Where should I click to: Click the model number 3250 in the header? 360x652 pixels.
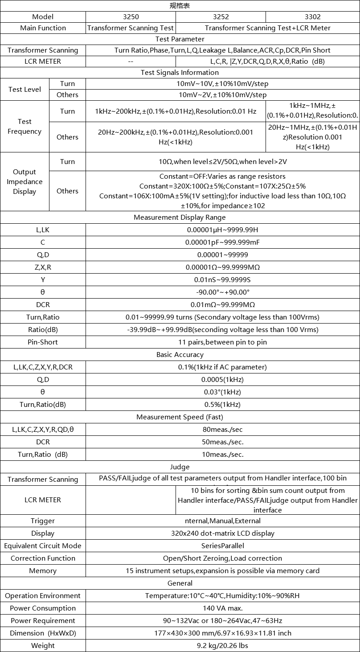pos(131,17)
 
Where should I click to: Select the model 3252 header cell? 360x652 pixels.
pos(221,17)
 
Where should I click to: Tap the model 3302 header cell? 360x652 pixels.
pos(313,17)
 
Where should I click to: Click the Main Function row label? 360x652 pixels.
pos(43,28)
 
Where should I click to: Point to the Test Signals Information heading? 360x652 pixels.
pos(180,73)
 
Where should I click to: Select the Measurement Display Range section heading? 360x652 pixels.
pos(180,217)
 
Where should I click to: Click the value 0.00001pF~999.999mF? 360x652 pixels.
pos(223,242)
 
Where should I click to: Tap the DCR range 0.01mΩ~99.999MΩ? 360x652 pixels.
pos(223,305)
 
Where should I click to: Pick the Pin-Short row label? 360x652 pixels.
pos(43,342)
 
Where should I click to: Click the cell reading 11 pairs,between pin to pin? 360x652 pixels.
pos(223,342)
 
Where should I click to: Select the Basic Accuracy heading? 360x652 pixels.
pos(180,355)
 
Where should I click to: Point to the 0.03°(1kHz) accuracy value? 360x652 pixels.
pos(223,392)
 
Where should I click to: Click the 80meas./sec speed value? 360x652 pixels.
pos(223,430)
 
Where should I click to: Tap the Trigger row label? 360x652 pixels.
pos(43,521)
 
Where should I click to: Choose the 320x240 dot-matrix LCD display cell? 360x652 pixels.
pos(223,533)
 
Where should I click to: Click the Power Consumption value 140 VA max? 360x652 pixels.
pos(223,608)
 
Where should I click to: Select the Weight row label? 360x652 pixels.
pos(43,645)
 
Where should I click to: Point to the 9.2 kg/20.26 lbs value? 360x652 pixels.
pos(223,645)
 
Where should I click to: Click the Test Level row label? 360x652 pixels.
pos(25,89)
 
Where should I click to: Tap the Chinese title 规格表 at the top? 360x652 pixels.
pos(180,6)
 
